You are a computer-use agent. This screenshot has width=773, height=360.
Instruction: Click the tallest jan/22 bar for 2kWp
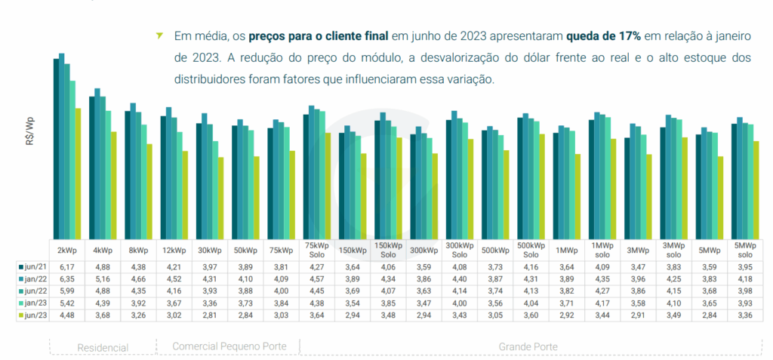click(62, 143)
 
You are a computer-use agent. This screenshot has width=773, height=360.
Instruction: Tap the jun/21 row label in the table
click(33, 266)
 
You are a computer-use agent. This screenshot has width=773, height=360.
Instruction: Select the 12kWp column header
click(174, 250)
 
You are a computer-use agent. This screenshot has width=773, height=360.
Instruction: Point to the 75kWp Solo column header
click(317, 250)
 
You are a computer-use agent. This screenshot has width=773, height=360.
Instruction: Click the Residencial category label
click(103, 347)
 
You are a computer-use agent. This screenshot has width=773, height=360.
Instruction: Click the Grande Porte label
click(528, 346)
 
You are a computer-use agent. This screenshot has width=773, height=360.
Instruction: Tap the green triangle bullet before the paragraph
click(159, 35)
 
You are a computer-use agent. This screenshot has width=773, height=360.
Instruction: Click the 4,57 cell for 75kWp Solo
click(317, 279)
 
